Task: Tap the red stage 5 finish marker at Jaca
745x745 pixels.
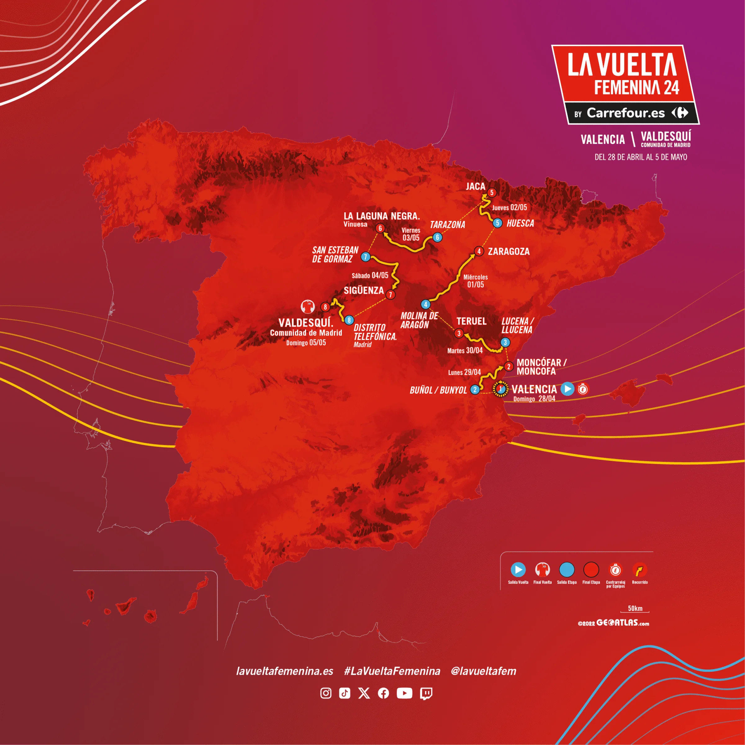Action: (x=492, y=192)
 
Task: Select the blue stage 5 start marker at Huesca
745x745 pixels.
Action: (x=497, y=223)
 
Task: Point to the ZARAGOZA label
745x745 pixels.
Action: (x=509, y=251)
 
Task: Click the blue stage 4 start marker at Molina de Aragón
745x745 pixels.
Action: (x=425, y=304)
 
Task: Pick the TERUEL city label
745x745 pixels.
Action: (x=471, y=321)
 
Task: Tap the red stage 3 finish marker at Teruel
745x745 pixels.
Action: (x=458, y=333)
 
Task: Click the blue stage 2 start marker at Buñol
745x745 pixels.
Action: (x=475, y=390)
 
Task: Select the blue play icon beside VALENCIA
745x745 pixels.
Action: (x=567, y=389)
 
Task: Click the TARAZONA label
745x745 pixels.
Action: (x=447, y=225)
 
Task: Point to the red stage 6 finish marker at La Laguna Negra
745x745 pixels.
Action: (x=380, y=228)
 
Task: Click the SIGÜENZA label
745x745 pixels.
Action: (x=363, y=290)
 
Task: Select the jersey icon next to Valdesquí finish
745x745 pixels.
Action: (x=308, y=307)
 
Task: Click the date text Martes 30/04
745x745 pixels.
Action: (x=465, y=350)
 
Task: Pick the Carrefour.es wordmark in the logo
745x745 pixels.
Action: (x=625, y=113)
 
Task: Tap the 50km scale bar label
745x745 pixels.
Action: (x=635, y=608)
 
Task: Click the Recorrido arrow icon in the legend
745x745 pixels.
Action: (x=639, y=570)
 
